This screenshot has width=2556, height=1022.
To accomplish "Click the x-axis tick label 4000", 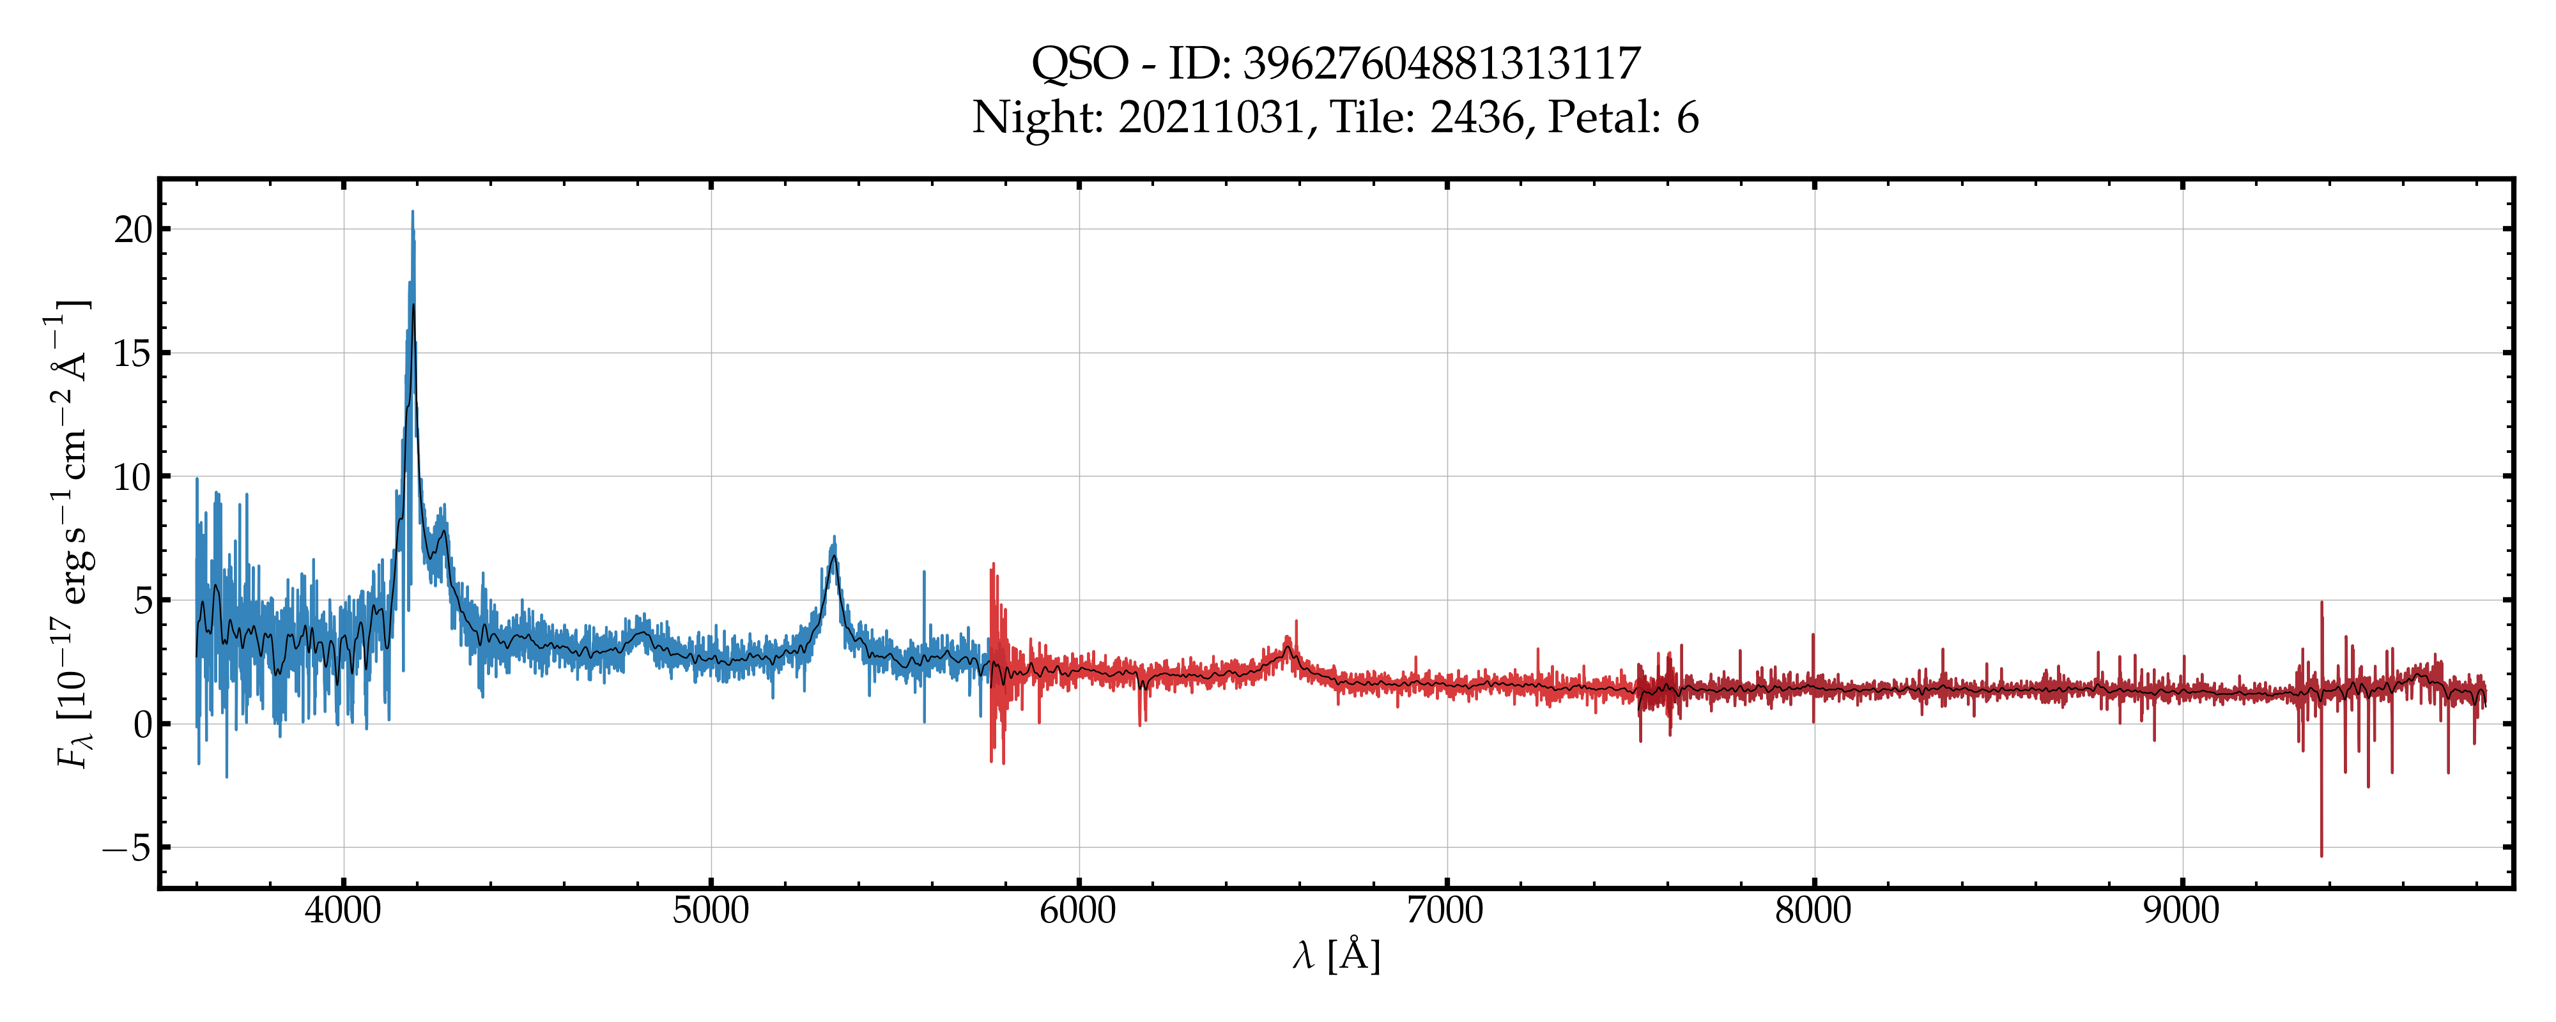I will tap(343, 910).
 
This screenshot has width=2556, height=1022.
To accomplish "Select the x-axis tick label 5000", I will tap(711, 910).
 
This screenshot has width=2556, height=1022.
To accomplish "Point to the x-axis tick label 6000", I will tap(1079, 910).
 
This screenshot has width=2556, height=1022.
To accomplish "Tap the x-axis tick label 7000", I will tap(1445, 910).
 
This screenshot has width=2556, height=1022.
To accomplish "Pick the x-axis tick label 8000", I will tap(1814, 910).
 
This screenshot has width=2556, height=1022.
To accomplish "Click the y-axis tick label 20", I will tap(134, 230).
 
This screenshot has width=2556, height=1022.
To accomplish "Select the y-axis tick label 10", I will tap(134, 477).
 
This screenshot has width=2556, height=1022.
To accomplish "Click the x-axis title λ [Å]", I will tap(1336, 956).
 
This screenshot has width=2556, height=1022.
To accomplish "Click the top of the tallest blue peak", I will tap(413, 211).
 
